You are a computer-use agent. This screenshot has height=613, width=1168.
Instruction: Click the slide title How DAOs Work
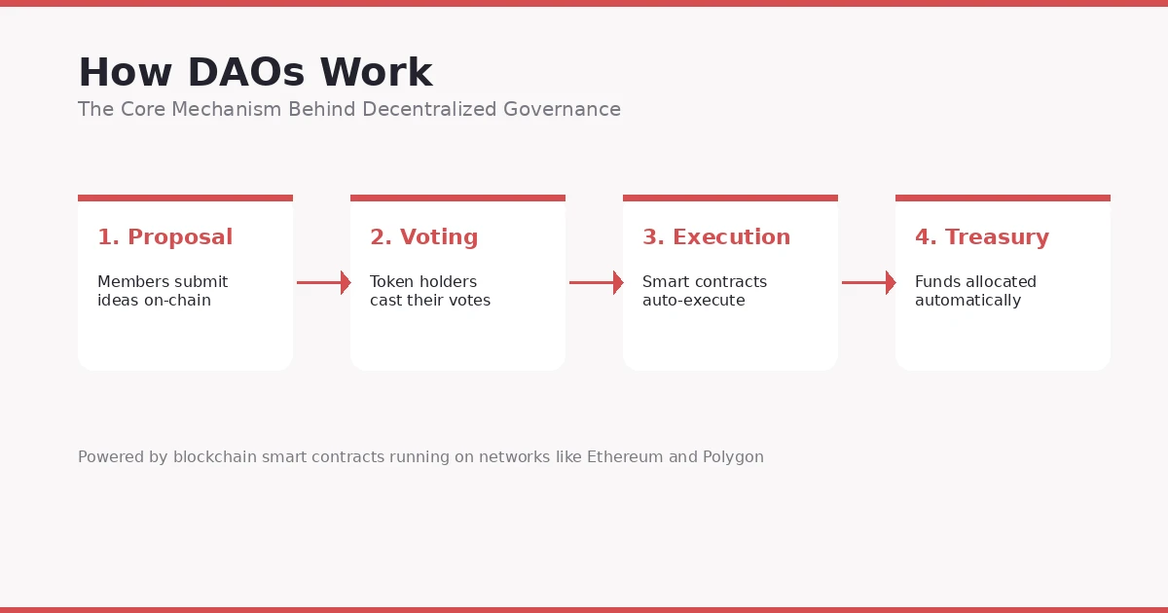point(255,74)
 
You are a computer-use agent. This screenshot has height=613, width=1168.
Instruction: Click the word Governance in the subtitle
point(562,110)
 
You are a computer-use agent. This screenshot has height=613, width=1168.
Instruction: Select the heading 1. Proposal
point(164,237)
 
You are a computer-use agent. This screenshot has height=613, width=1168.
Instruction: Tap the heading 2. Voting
point(423,237)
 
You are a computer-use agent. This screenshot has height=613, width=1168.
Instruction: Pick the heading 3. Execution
point(715,237)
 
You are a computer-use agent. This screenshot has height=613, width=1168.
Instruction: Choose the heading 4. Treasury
point(981,237)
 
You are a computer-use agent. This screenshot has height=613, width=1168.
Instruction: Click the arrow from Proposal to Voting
point(323,283)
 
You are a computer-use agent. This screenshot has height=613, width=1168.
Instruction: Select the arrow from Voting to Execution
point(596,283)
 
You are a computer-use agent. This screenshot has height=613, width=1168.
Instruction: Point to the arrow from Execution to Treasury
point(868,283)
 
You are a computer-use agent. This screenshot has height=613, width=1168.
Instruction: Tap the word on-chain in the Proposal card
point(178,301)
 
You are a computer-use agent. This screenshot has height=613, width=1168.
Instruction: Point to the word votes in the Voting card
point(468,301)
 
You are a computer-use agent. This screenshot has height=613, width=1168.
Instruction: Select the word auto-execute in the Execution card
point(693,301)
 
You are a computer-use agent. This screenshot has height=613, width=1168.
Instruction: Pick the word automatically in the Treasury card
point(967,301)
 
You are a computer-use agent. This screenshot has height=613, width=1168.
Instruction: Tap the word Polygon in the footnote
point(733,457)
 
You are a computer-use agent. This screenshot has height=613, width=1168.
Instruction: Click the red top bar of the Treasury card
point(1003,198)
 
